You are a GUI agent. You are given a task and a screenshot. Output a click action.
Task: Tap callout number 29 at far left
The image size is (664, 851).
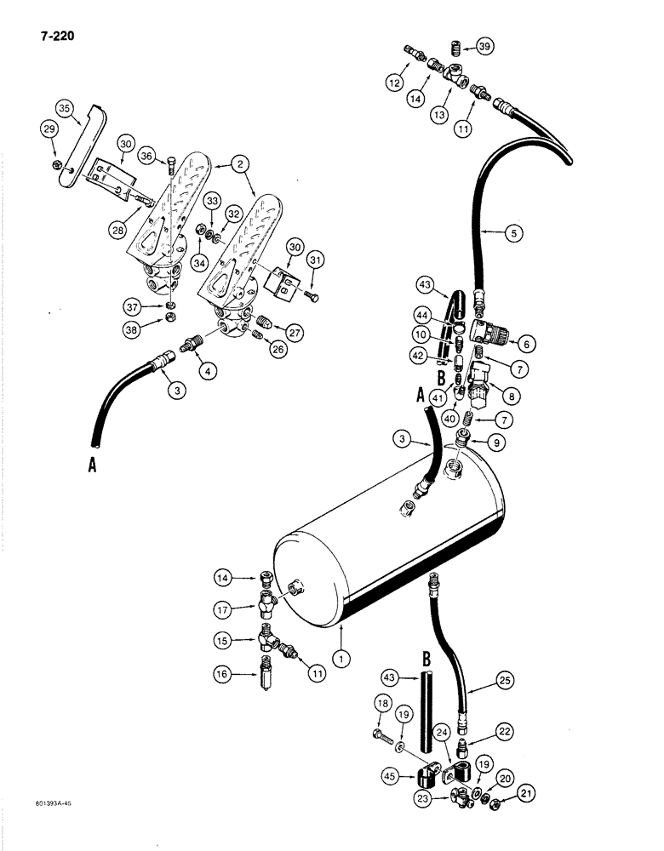point(49,129)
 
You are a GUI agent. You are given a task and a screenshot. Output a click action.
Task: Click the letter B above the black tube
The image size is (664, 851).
point(424,658)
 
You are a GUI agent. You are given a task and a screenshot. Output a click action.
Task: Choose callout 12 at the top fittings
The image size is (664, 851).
point(394,83)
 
